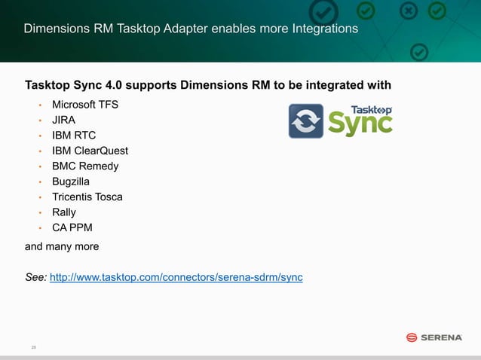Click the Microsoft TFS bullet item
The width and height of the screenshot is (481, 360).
coord(84,104)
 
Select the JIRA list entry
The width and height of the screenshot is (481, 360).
coord(63,120)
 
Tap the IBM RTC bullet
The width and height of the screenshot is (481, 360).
coord(74,136)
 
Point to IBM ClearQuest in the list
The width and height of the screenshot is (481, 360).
coord(90,151)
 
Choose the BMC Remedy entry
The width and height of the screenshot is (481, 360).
coord(85,166)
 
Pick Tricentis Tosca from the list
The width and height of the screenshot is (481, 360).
coord(87,197)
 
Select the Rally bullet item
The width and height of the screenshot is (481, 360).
coord(64,212)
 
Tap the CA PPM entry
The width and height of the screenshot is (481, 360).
coord(72,228)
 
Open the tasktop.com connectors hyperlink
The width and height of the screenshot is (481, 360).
coord(176,278)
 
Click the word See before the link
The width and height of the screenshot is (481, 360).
coord(35,278)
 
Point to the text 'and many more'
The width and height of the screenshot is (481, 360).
coord(62,247)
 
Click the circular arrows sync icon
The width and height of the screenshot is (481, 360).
coord(306,121)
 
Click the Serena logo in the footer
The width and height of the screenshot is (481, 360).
coord(434,337)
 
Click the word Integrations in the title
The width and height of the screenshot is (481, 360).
coord(320,29)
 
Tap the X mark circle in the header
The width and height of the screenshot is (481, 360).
coord(408,12)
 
